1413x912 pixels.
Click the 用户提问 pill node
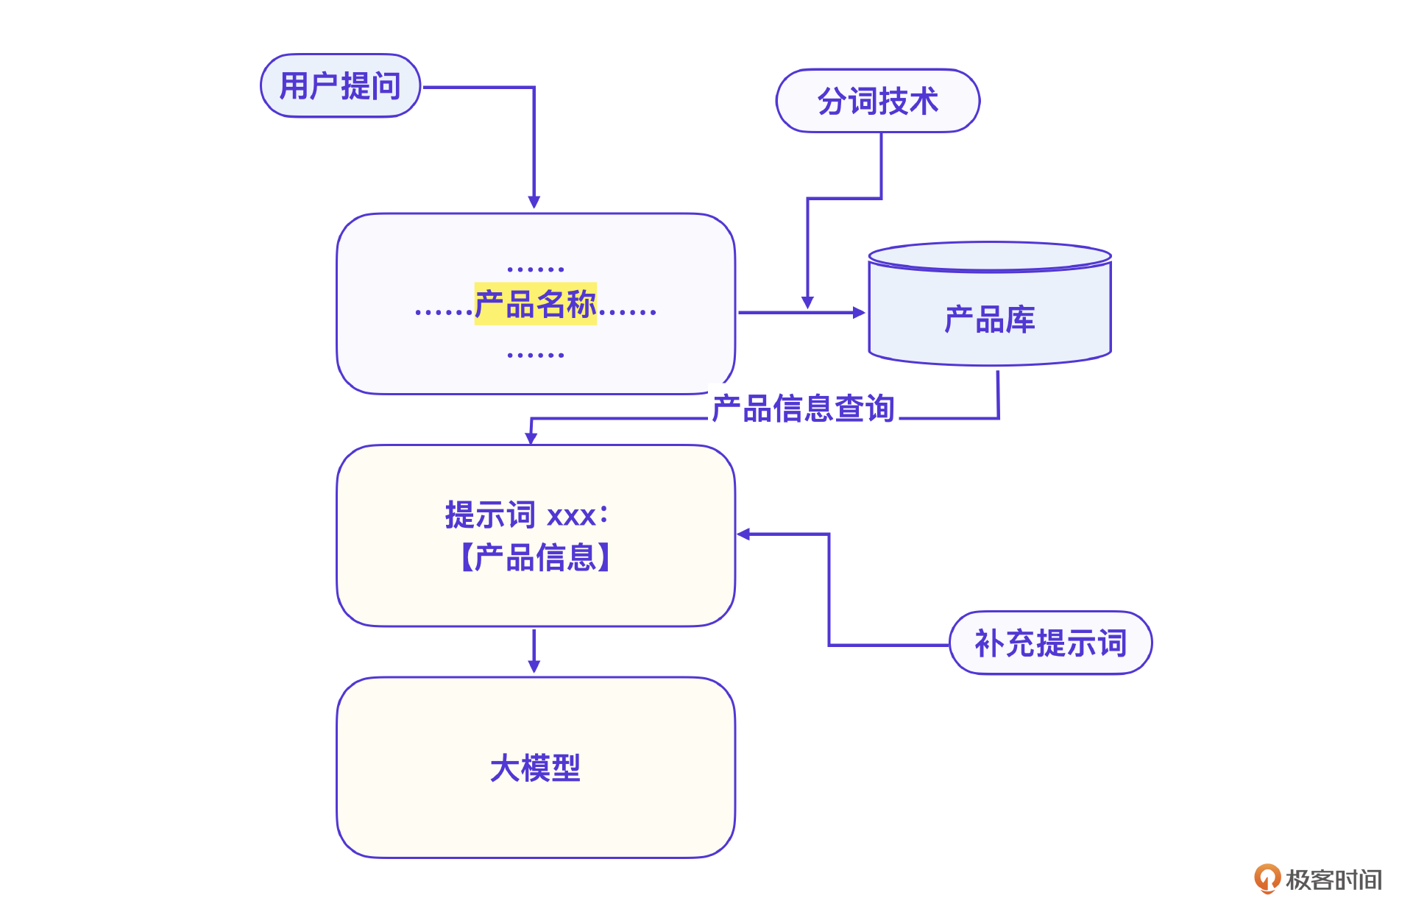tap(340, 86)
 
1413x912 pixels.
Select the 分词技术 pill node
tap(877, 102)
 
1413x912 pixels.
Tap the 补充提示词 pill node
tap(1050, 643)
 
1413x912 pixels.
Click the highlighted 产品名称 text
tap(535, 304)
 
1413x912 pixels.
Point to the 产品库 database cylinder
tap(989, 319)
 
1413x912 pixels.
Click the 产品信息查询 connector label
tap(803, 409)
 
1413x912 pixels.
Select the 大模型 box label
tap(535, 768)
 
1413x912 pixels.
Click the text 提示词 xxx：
tap(527, 515)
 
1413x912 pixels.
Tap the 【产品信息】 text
tap(535, 557)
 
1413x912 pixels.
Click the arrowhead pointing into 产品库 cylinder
tap(858, 312)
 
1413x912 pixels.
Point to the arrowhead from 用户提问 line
tap(534, 202)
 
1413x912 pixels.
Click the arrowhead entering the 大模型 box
tap(534, 666)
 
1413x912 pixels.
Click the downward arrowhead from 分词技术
tap(807, 303)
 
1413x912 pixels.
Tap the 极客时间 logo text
tap(1334, 880)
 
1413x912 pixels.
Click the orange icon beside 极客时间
tap(1267, 878)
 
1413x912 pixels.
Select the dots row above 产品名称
tap(535, 269)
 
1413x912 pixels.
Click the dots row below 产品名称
tap(535, 355)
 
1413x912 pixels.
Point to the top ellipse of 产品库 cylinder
tap(989, 256)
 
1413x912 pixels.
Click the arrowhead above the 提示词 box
tap(531, 438)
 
